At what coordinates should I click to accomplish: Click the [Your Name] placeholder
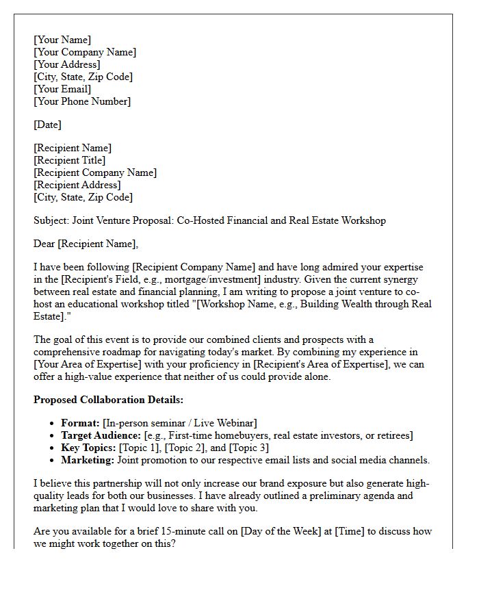(x=62, y=40)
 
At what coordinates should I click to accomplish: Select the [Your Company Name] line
(x=85, y=52)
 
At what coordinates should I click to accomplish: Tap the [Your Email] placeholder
(x=62, y=89)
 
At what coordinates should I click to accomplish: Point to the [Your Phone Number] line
(x=82, y=101)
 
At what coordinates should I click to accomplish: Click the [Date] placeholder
(x=47, y=125)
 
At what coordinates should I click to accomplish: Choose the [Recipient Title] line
(x=69, y=160)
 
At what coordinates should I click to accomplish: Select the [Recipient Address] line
(x=77, y=185)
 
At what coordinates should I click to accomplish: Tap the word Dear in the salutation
(x=44, y=244)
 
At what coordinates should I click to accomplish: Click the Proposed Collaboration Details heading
(x=108, y=400)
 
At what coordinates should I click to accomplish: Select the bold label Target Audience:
(x=100, y=435)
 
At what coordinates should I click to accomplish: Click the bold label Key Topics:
(x=88, y=448)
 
